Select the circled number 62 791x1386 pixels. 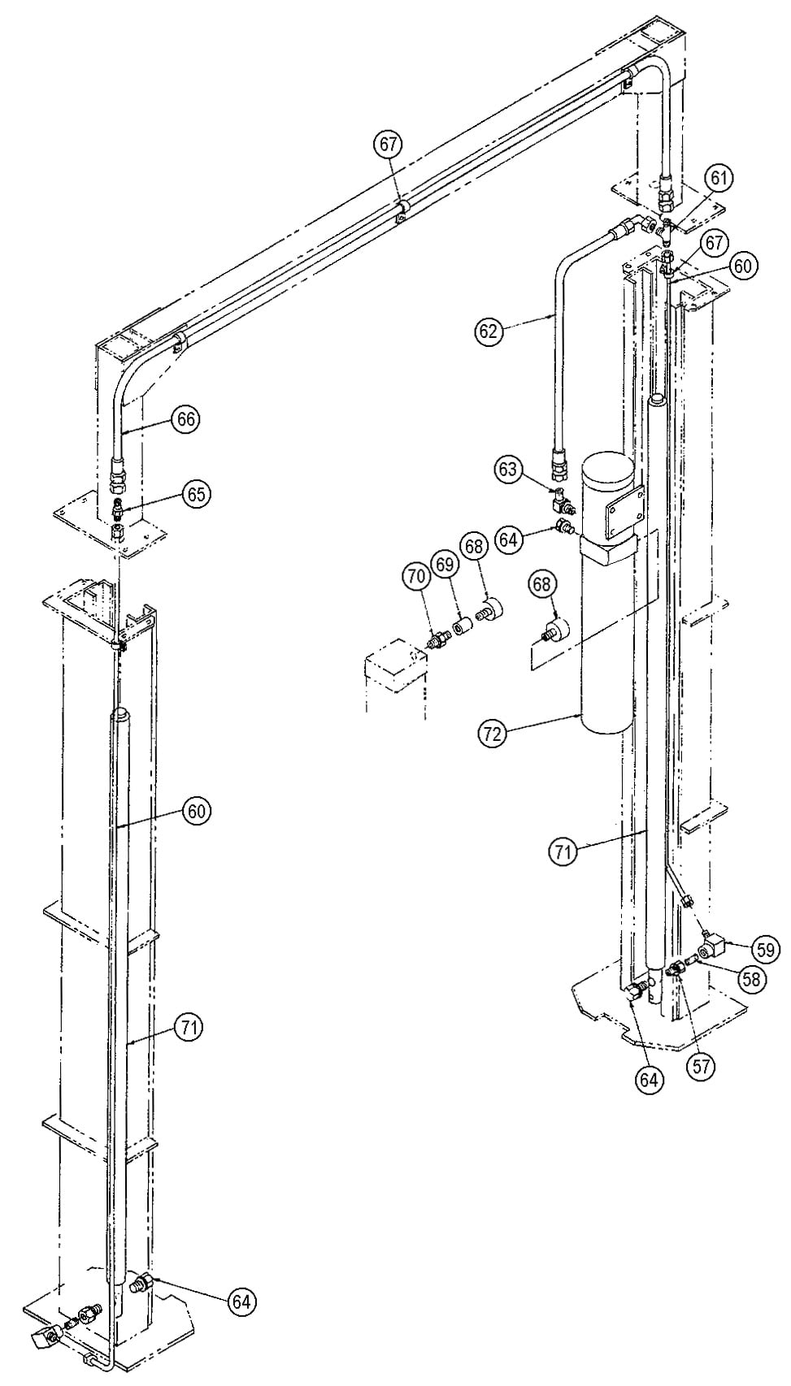click(490, 331)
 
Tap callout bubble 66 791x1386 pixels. click(185, 419)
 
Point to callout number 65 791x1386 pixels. click(196, 494)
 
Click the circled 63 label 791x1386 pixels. click(508, 469)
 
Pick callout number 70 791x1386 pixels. click(415, 577)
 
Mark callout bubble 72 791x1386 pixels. click(492, 734)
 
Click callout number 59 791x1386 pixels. click(766, 948)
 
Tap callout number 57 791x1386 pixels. click(701, 1066)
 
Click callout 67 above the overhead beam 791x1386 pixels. click(388, 145)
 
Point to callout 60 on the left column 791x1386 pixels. click(197, 811)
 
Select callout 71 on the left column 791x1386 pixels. click(189, 1028)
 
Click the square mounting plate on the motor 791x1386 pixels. click(623, 509)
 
